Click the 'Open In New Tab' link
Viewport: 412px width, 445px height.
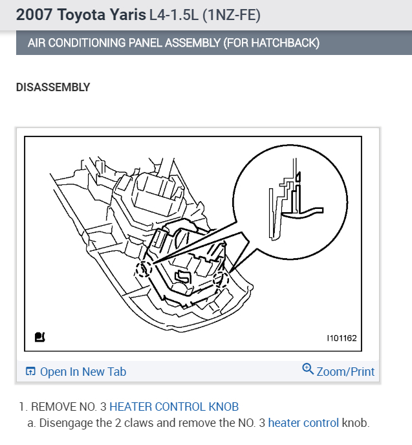pyautogui.click(x=83, y=371)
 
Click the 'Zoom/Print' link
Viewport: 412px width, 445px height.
pyautogui.click(x=345, y=371)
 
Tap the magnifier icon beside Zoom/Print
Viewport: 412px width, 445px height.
pyautogui.click(x=308, y=369)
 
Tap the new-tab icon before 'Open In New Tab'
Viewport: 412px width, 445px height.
pyautogui.click(x=30, y=371)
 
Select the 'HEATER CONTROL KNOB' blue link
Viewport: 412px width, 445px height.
pyautogui.click(x=174, y=407)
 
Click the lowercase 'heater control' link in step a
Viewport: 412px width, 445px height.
pyautogui.click(x=303, y=423)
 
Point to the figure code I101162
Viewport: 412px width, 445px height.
pyautogui.click(x=342, y=338)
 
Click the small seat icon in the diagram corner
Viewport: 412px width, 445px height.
pyautogui.click(x=39, y=337)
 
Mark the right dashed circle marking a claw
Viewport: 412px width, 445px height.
pyautogui.click(x=221, y=279)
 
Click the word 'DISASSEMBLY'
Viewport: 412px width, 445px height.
pyautogui.click(x=53, y=87)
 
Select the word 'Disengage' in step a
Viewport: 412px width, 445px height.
pyautogui.click(x=65, y=423)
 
